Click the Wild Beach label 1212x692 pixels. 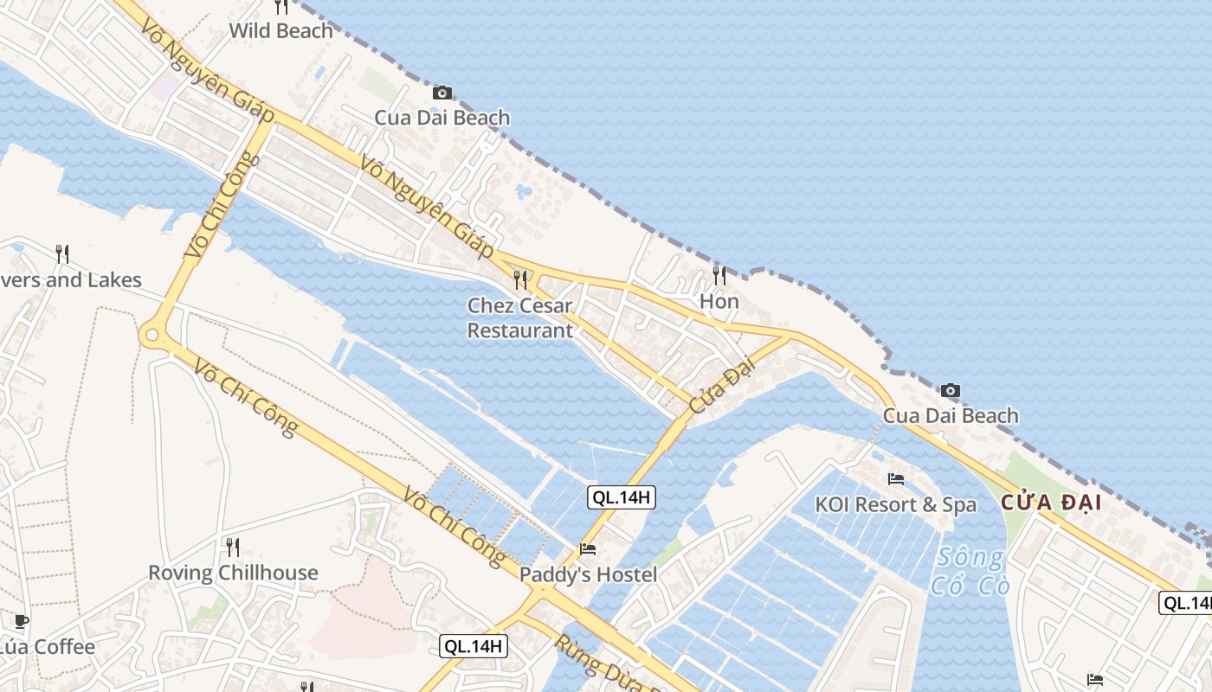click(x=280, y=31)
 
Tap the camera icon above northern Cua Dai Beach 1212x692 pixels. click(x=442, y=93)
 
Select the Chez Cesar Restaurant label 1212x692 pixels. click(x=519, y=317)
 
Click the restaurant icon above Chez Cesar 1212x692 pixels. click(x=519, y=279)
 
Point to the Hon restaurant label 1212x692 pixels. click(x=719, y=301)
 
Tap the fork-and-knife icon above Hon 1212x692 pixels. click(x=719, y=276)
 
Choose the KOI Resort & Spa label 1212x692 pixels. click(x=895, y=504)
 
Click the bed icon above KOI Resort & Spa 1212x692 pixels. click(x=896, y=478)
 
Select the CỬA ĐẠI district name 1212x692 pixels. click(x=1051, y=503)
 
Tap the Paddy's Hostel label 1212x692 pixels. click(x=588, y=574)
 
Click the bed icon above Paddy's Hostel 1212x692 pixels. click(x=588, y=548)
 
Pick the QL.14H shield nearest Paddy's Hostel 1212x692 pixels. click(x=620, y=497)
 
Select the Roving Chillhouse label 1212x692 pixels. click(x=233, y=573)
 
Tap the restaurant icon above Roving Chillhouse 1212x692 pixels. click(x=232, y=547)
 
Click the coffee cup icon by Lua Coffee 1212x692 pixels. click(x=22, y=621)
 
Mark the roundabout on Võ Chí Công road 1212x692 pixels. click(x=153, y=333)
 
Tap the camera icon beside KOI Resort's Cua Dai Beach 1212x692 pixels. click(x=950, y=390)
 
